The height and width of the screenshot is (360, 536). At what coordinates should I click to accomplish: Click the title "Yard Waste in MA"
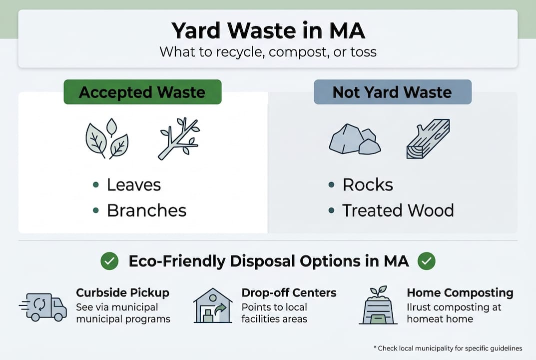pos(268,31)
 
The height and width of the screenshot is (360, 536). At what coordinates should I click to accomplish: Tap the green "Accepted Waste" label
pos(142,92)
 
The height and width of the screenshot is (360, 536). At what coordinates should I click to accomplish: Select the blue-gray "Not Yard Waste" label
pos(392,92)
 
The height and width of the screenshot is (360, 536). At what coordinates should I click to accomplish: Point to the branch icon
pos(179,138)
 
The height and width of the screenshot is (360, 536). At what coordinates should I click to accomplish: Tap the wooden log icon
pos(428,138)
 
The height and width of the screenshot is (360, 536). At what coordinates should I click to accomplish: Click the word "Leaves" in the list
pos(134,185)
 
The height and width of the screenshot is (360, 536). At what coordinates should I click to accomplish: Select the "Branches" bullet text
pos(146,210)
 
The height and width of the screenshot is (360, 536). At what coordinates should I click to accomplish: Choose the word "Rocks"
pos(368,185)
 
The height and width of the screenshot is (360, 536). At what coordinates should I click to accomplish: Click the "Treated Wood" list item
pos(398,210)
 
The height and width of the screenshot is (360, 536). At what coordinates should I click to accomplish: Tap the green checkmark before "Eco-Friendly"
pos(109,261)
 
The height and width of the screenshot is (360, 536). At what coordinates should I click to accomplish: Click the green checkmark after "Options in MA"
pos(427,261)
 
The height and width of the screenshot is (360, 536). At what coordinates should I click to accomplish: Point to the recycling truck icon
pos(43,306)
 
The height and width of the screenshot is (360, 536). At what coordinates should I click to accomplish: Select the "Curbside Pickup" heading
pos(122,292)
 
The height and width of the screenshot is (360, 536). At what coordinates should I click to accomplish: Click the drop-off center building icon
pos(212,305)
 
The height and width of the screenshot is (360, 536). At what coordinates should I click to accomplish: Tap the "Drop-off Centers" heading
pos(289,292)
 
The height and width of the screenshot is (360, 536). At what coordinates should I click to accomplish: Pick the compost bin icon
pos(378,305)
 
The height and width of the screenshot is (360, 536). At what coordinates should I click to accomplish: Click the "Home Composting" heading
pos(460,292)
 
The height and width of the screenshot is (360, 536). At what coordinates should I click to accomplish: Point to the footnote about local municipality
pos(448,348)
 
